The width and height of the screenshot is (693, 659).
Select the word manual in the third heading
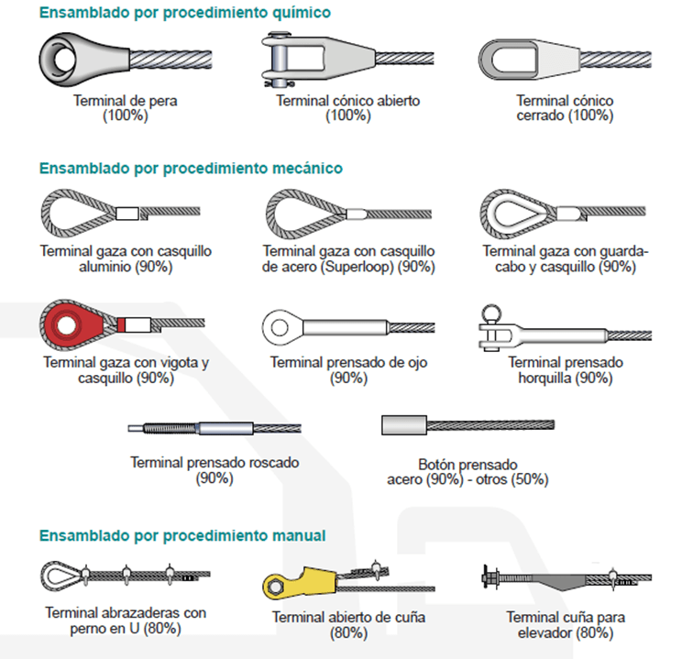[x=299, y=535]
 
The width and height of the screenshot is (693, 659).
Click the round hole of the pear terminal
[x=64, y=59]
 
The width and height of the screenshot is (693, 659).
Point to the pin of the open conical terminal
[x=279, y=60]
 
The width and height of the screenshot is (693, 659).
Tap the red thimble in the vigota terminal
[x=74, y=325]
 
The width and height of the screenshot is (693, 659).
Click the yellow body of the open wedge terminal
[x=305, y=583]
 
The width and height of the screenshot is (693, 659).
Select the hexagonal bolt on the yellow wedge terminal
[x=275, y=588]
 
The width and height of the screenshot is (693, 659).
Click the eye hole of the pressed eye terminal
[x=280, y=327]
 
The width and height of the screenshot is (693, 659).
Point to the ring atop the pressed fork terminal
[x=491, y=313]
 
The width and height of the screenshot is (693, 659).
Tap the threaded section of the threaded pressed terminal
[x=170, y=428]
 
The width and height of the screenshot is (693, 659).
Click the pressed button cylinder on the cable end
[x=404, y=424]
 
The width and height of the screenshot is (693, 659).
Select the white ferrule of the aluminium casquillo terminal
[x=127, y=214]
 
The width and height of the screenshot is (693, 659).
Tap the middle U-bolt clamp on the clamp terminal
[x=126, y=575]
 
